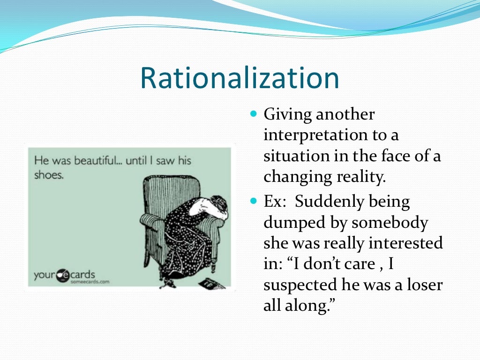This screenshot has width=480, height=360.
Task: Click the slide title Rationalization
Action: point(240,78)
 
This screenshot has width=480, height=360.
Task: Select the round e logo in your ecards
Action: point(63,276)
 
